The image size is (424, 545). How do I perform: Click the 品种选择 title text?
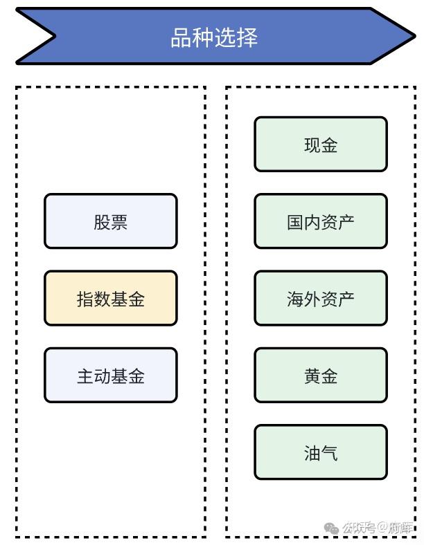pos(214,37)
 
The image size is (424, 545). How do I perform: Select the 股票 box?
pos(111,221)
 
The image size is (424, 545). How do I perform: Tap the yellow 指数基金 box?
pos(111,298)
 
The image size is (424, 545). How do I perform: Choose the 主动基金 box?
pos(111,376)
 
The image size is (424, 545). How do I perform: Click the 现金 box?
pos(320,145)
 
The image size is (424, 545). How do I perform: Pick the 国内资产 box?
pos(320,221)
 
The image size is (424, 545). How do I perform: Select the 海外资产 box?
pos(320,298)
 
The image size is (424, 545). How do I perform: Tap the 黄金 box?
pos(320,376)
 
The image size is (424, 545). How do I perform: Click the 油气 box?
pos(320,453)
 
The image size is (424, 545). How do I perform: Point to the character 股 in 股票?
pos(102,222)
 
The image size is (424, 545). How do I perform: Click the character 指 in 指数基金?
pos(85,299)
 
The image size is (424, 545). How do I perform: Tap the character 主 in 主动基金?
pos(85,376)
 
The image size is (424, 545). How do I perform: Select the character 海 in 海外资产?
pos(295,299)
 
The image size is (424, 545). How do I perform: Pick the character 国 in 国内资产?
pos(295,222)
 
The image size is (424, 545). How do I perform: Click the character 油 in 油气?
pos(312,454)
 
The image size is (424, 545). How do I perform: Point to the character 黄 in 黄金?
pos(312,376)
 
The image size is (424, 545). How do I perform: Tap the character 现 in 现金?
pos(312,145)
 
